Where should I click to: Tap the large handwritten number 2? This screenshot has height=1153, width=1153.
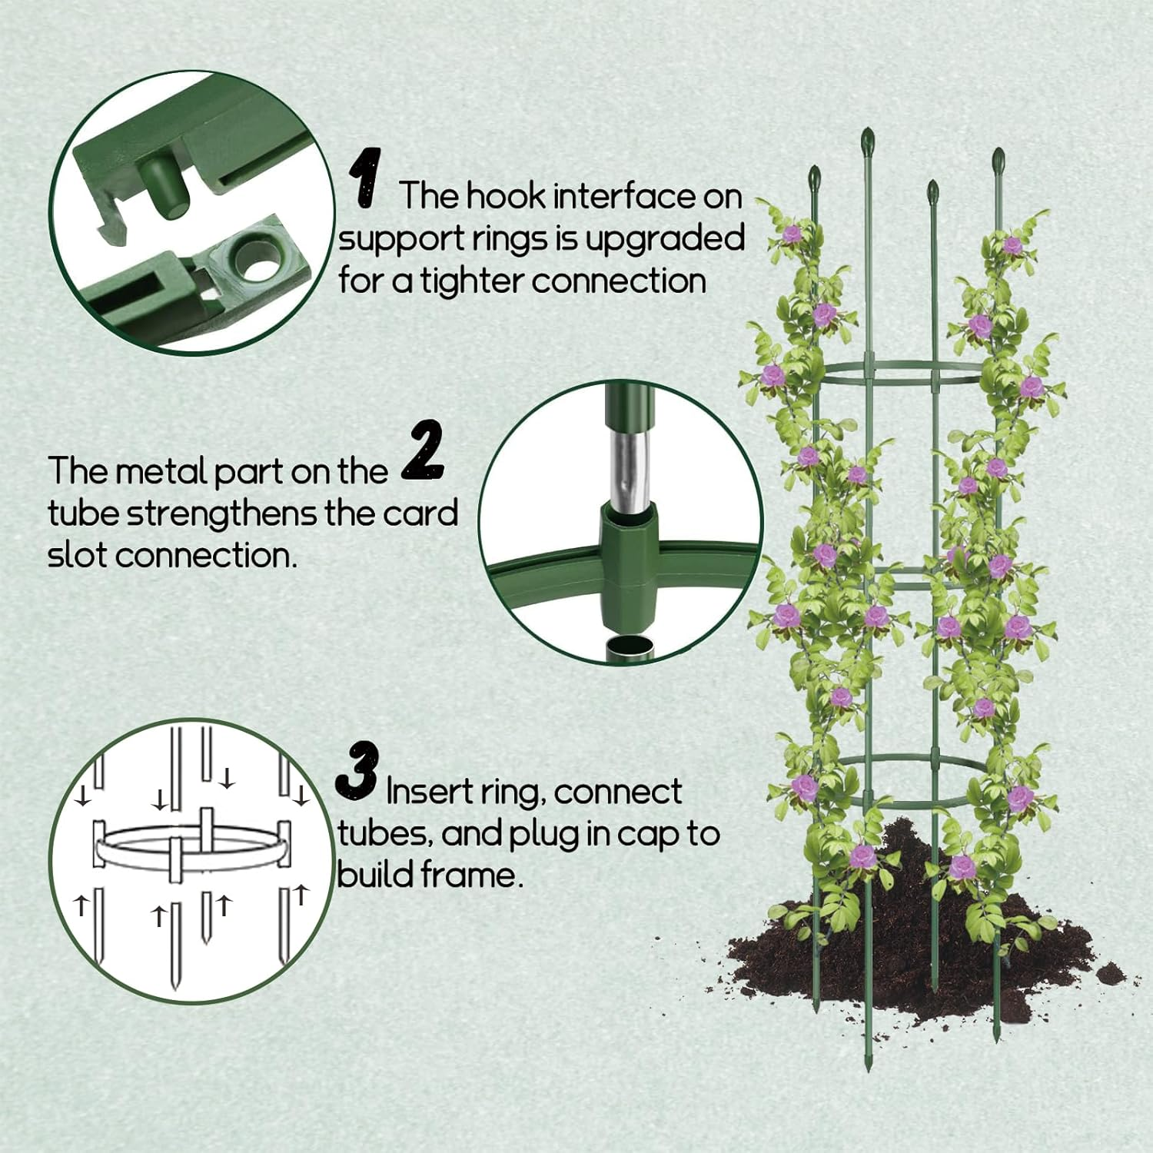click(x=424, y=451)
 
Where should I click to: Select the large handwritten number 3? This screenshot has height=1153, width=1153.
click(x=357, y=770)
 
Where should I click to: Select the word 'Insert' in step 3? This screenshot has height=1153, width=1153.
click(x=430, y=791)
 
